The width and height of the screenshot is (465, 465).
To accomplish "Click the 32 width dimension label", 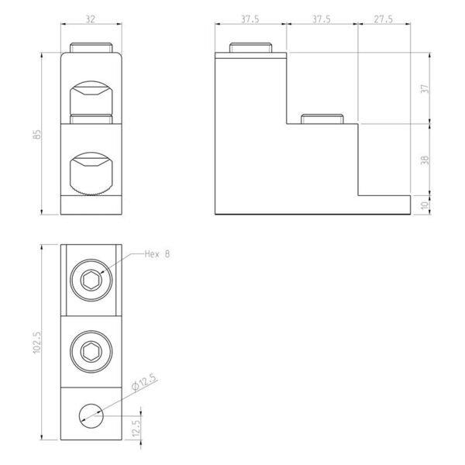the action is tap(91, 19).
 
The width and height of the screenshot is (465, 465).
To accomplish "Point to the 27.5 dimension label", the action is tap(383, 19).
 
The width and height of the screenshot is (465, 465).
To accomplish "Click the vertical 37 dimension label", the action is tap(425, 88).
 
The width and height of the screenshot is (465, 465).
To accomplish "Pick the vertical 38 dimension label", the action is tap(425, 160).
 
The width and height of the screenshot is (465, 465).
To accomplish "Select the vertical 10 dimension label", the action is tap(425, 205).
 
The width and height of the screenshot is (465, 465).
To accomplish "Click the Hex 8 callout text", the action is tap(157, 254).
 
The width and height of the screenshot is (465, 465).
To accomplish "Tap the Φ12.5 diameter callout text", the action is tap(143, 382).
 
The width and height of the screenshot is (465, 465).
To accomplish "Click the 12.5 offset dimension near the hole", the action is tap(136, 429).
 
